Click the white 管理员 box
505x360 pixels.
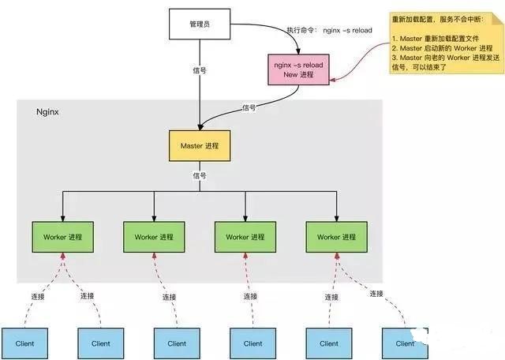200,24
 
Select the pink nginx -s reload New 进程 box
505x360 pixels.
298,69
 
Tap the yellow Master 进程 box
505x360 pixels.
200,146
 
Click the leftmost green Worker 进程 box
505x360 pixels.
63,237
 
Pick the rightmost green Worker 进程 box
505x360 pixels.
337,237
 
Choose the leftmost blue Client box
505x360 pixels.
24,343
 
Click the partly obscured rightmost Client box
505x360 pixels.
405,343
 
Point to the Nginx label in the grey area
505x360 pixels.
47,112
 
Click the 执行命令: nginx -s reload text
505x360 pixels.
330,30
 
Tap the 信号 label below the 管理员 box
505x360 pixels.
200,70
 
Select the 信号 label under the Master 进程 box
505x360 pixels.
200,175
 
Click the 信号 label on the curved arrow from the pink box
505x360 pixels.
249,107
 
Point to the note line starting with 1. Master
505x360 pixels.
436,39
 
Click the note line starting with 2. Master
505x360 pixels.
442,48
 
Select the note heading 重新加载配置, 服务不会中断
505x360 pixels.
437,19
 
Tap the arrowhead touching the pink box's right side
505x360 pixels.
333,79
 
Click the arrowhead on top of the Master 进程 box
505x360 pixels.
200,127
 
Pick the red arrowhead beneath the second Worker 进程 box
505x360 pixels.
155,256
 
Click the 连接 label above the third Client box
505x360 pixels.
170,297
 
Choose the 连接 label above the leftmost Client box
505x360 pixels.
38,297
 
